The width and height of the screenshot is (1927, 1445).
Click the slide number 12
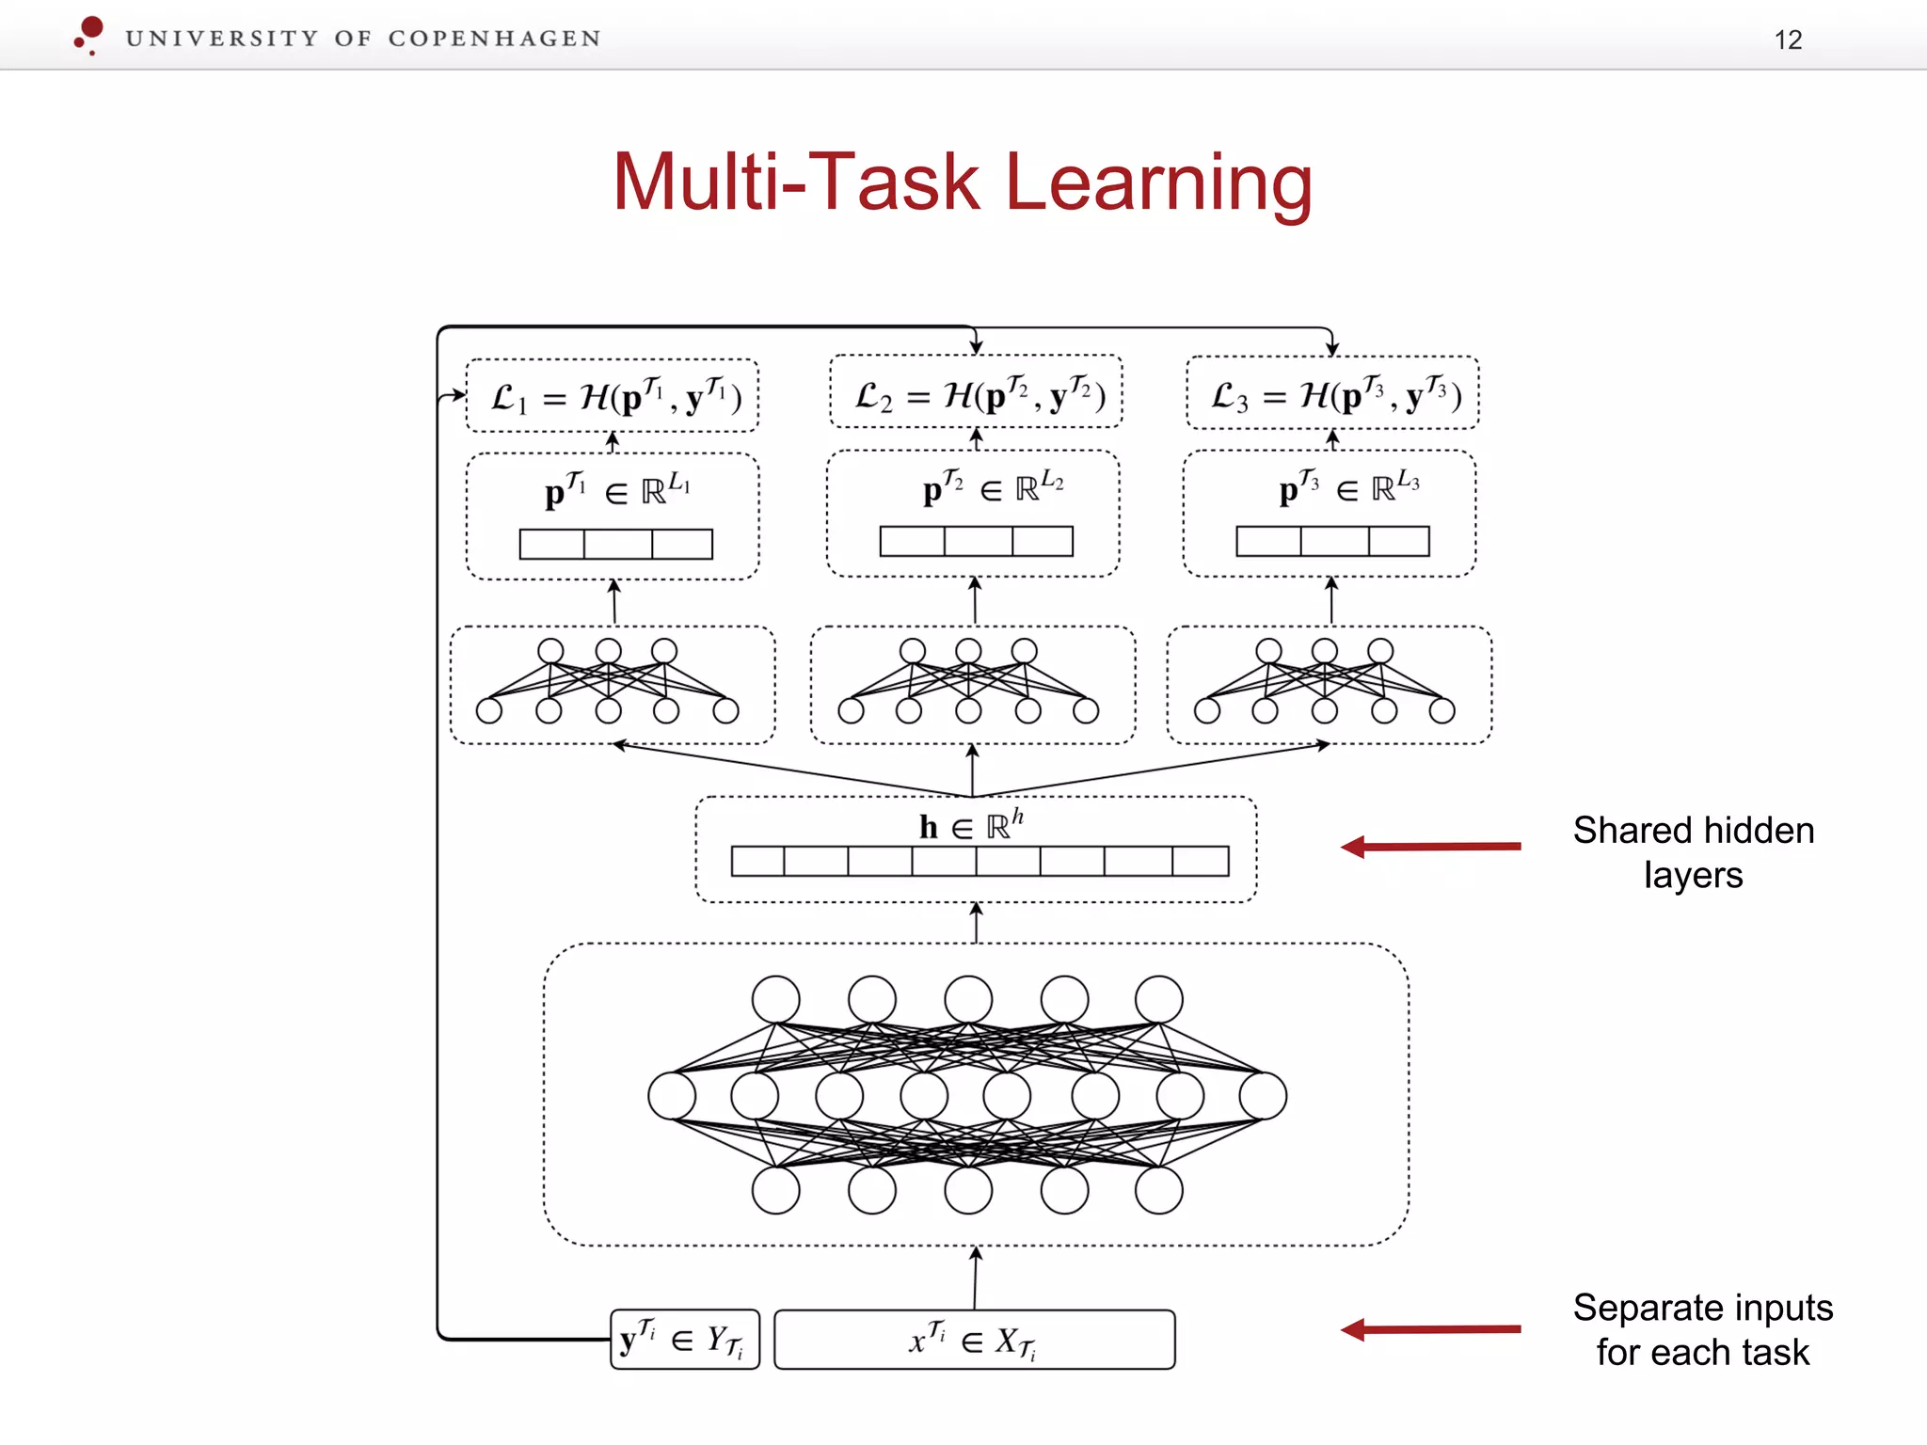tap(1788, 40)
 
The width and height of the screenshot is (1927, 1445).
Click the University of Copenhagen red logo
tap(89, 35)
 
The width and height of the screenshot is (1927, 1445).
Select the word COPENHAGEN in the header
tap(494, 39)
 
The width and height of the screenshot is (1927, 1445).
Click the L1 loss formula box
tap(613, 396)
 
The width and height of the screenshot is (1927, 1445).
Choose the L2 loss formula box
tap(976, 392)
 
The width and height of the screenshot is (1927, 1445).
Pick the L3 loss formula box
tap(1332, 393)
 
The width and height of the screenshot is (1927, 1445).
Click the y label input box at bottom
tap(684, 1340)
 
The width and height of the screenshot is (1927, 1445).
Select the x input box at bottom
tap(974, 1340)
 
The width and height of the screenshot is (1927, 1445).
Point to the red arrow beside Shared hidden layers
tap(1430, 847)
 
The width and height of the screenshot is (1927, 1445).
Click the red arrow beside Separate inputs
tap(1430, 1329)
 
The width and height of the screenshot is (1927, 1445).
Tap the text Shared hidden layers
tap(1694, 852)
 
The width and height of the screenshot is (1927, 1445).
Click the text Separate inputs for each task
tap(1703, 1330)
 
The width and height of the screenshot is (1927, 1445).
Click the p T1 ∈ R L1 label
tap(616, 489)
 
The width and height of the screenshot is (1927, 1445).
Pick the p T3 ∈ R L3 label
tap(1348, 487)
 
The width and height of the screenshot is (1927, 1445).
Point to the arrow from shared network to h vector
tap(976, 923)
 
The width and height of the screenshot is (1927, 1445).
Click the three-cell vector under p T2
tap(976, 541)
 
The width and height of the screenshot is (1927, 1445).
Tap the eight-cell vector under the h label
tap(979, 861)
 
